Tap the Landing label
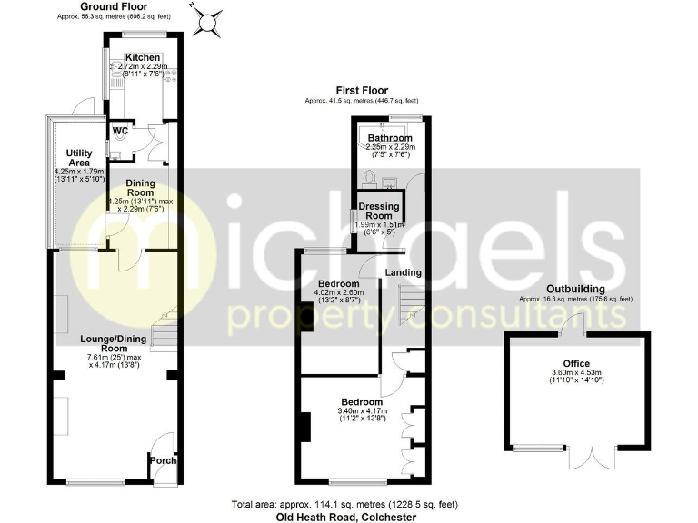(404, 272)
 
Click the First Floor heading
(361, 91)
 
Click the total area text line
(345, 504)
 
